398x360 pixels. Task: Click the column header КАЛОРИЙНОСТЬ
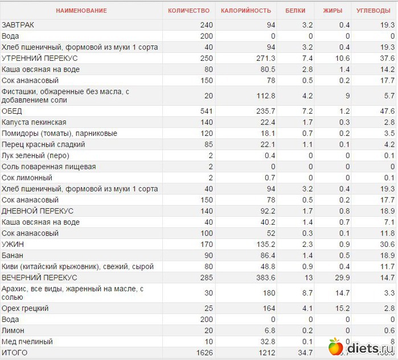click(x=246, y=11)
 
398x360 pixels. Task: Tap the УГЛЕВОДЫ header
click(x=372, y=11)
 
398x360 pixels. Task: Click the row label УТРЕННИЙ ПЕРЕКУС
click(x=40, y=59)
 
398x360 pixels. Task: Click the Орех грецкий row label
click(x=25, y=308)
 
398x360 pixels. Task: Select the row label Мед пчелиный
click(x=27, y=342)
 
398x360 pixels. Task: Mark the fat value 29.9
click(x=343, y=278)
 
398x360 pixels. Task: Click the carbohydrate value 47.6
click(x=387, y=111)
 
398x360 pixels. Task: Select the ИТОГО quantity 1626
click(x=203, y=353)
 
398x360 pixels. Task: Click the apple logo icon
click(x=335, y=346)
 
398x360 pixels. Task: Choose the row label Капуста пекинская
click(x=34, y=122)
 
